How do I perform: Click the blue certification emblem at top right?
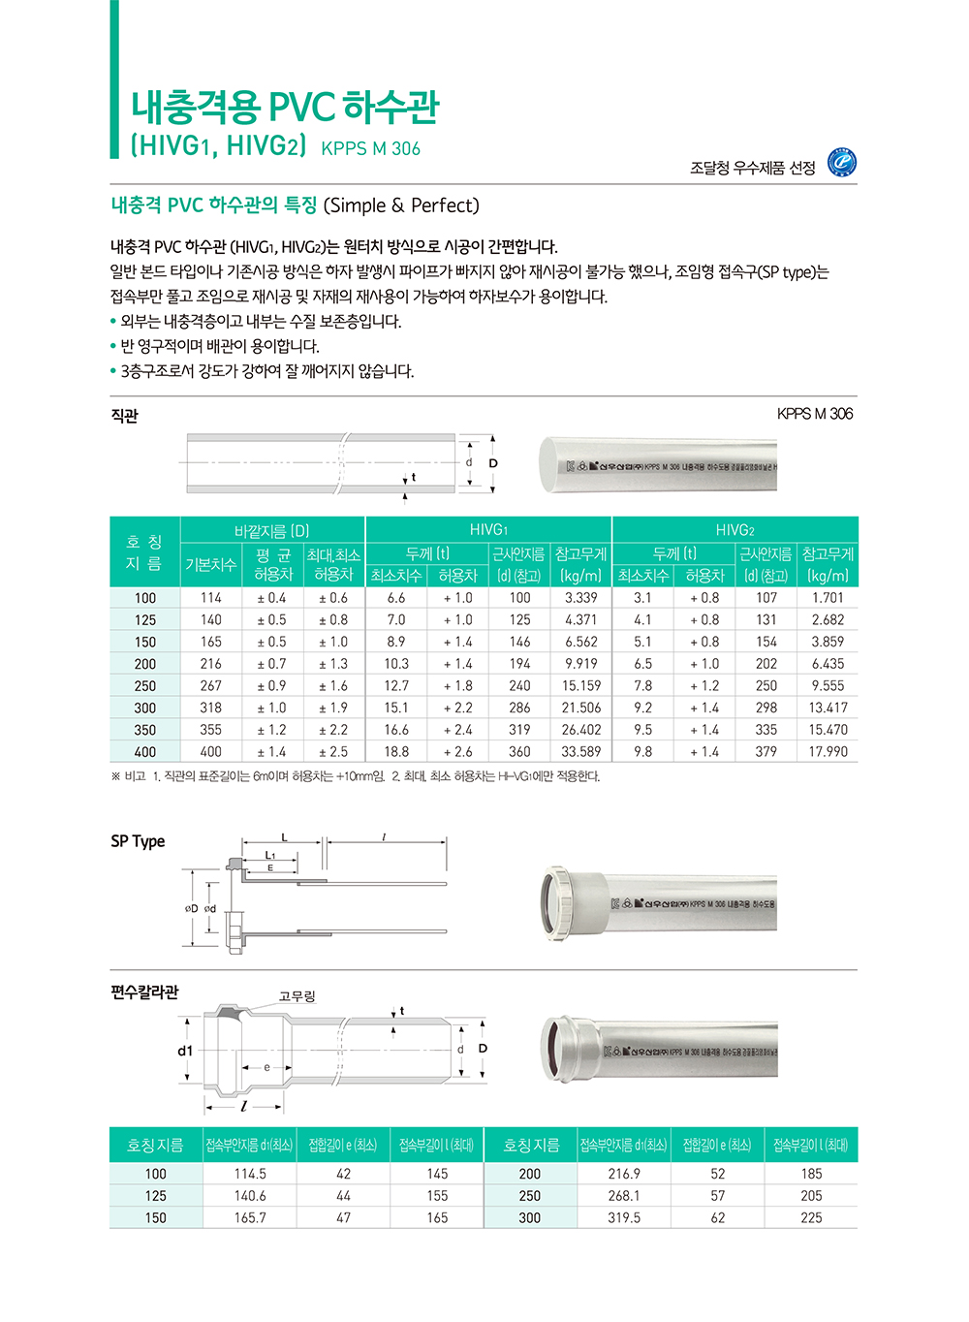pyautogui.click(x=841, y=164)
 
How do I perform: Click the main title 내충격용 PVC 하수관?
pyautogui.click(x=285, y=107)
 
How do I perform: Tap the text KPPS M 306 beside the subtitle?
pyautogui.click(x=370, y=149)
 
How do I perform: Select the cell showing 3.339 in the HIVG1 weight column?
pyautogui.click(x=580, y=598)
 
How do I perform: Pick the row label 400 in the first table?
pyautogui.click(x=145, y=752)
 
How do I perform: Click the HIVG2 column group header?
pyautogui.click(x=734, y=530)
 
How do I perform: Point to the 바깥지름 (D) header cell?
pyautogui.click(x=272, y=531)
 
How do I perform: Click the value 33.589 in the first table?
pyautogui.click(x=580, y=752)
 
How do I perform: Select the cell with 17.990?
pyautogui.click(x=828, y=752)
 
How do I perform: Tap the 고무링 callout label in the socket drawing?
pyautogui.click(x=297, y=996)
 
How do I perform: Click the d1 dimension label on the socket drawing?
pyautogui.click(x=185, y=1051)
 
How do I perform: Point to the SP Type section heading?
pyautogui.click(x=138, y=841)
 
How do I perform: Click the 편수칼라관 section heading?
pyautogui.click(x=144, y=992)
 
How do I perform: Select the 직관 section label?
pyautogui.click(x=124, y=416)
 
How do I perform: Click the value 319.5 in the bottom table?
pyautogui.click(x=623, y=1218)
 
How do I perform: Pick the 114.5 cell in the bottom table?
pyautogui.click(x=250, y=1174)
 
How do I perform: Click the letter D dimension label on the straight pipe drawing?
pyautogui.click(x=493, y=463)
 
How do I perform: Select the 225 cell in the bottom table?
pyautogui.click(x=811, y=1218)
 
